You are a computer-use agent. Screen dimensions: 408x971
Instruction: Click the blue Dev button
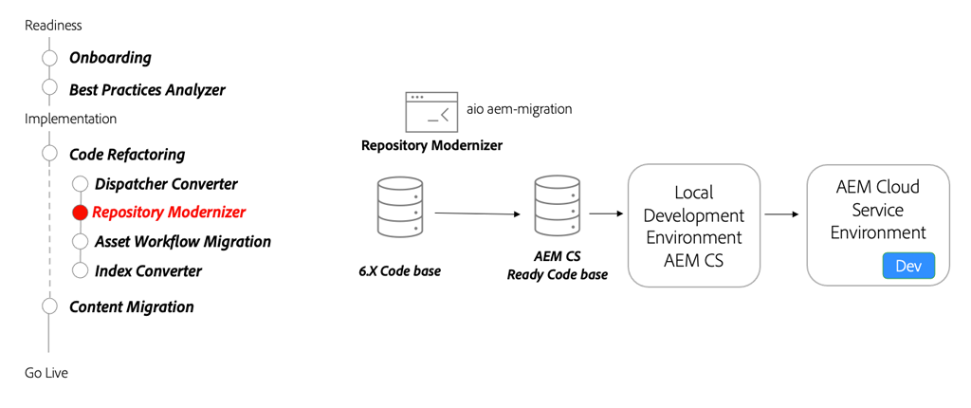point(907,266)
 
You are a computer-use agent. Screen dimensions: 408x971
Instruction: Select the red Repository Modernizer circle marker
point(81,213)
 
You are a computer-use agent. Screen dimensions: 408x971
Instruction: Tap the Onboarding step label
point(110,58)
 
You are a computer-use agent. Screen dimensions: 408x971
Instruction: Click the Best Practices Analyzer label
point(147,90)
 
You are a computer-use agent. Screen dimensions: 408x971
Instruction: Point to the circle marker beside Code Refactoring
point(49,154)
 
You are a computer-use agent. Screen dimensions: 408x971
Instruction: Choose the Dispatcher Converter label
point(166,184)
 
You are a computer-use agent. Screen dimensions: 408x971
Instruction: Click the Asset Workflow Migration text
point(182,242)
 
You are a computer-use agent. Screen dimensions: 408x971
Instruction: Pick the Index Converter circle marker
point(81,270)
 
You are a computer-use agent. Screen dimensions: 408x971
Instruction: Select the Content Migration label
point(131,307)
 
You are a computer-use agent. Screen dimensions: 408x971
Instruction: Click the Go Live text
point(46,373)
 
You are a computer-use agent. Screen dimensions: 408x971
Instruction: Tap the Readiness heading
point(53,25)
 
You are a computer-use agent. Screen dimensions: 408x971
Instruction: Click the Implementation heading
point(70,120)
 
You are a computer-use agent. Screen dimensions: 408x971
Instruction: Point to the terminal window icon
point(431,112)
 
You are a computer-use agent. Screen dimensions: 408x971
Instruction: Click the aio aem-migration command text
point(519,109)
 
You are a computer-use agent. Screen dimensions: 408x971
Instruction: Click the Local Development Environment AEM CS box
point(694,225)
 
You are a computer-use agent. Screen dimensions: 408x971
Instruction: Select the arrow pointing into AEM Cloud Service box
point(781,214)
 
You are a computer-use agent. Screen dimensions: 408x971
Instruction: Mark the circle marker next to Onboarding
point(49,58)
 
